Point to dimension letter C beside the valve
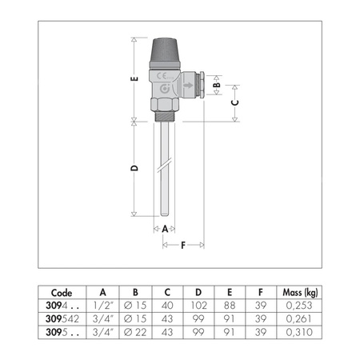click(x=234, y=102)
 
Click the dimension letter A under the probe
click(x=166, y=228)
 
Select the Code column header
click(x=62, y=292)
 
